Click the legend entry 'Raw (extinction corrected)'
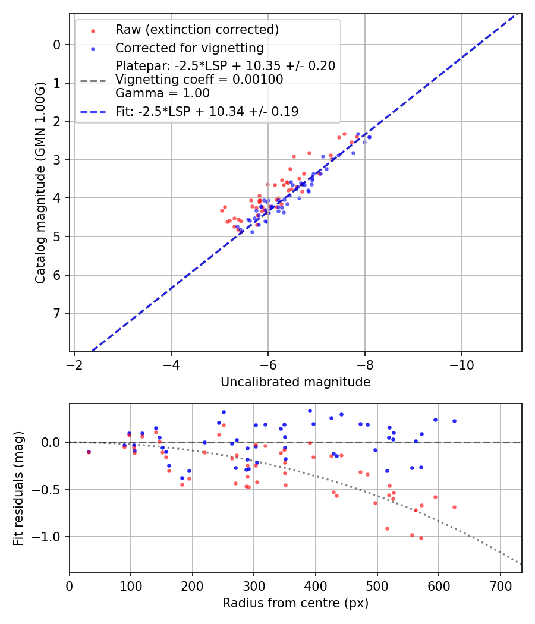pyautogui.click(x=197, y=30)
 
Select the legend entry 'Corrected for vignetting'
pyautogui.click(x=190, y=48)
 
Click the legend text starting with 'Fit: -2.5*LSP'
pyautogui.click(x=207, y=111)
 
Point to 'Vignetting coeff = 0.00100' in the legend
pyautogui.click(x=199, y=80)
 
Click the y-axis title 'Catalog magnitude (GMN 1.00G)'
pyautogui.click(x=40, y=182)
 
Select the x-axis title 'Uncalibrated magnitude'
pyautogui.click(x=295, y=382)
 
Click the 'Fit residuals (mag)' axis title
pyautogui.click(x=19, y=489)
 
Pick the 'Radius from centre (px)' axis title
pyautogui.click(x=295, y=603)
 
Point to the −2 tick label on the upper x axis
pyautogui.click(x=74, y=364)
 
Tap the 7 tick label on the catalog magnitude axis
pyautogui.click(x=57, y=313)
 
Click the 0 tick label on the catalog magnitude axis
pyautogui.click(x=57, y=45)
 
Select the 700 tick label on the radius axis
pyautogui.click(x=500, y=585)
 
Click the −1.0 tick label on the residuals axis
pyautogui.click(x=49, y=537)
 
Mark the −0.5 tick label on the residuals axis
pyautogui.click(x=49, y=490)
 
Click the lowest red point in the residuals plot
pyautogui.click(x=421, y=538)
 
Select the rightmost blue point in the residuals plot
pyautogui.click(x=454, y=421)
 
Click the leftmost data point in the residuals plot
pyautogui.click(x=89, y=452)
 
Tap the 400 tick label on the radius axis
pyautogui.click(x=316, y=585)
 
